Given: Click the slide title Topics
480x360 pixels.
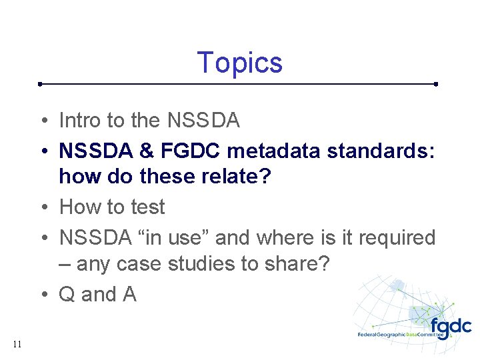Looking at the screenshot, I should pos(240,63).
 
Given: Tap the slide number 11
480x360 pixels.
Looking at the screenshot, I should pos(17,344).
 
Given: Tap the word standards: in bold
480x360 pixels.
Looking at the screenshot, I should pos(381,150).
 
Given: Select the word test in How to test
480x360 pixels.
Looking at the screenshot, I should pos(147,207).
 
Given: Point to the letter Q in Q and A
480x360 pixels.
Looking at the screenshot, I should pos(67,294).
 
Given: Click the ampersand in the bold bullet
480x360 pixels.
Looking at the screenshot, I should pos(145,150).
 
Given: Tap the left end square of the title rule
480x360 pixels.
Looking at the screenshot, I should pos(41,85).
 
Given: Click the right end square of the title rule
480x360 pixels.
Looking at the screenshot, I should pos(435,85).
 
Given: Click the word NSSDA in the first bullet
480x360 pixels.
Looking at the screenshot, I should pos(203,121).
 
